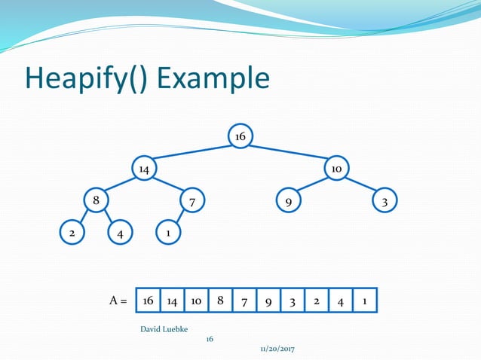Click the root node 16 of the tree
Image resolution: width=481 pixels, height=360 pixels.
(240, 136)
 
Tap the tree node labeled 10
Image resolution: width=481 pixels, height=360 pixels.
(336, 169)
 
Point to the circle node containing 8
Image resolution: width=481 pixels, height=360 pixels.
(95, 201)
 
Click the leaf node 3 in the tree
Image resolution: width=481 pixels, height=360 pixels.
(384, 202)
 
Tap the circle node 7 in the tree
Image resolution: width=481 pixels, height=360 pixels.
(192, 202)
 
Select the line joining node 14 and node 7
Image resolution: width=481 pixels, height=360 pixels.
(167, 185)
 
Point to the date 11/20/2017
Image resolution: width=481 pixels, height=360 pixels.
(277, 351)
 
